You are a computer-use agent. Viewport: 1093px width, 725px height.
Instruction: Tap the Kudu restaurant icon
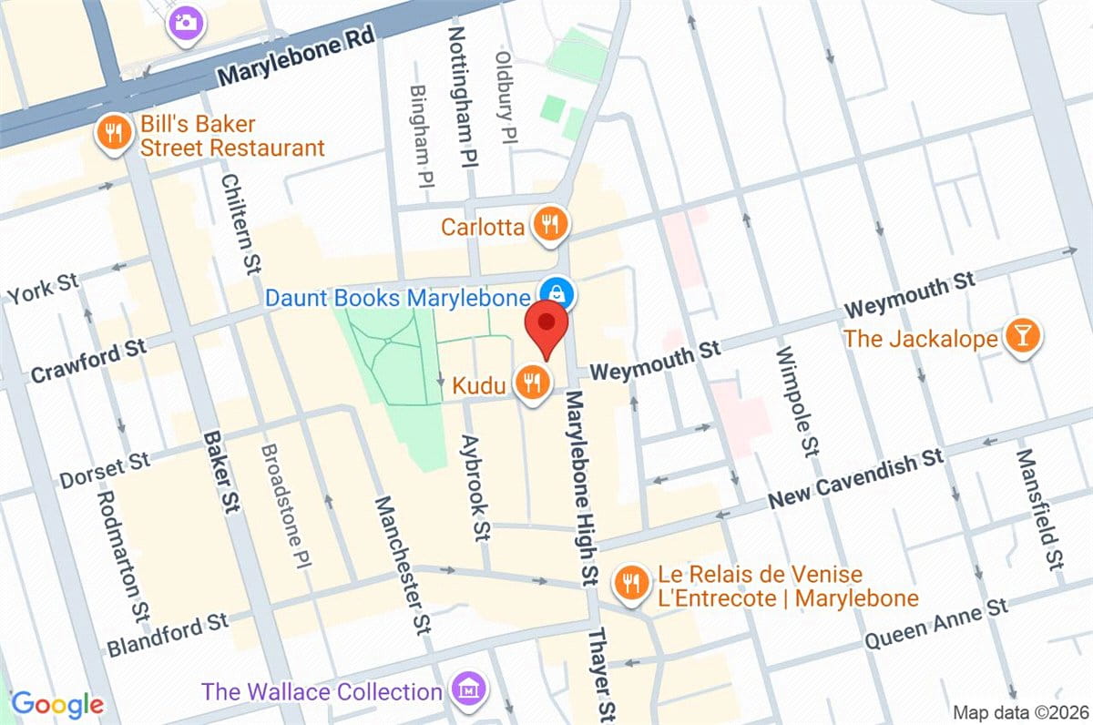(531, 383)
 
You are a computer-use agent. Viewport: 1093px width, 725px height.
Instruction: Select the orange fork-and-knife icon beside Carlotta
(550, 223)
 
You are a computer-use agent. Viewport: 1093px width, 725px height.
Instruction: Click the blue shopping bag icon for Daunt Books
(555, 293)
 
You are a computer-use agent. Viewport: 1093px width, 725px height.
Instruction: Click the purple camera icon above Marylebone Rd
(187, 21)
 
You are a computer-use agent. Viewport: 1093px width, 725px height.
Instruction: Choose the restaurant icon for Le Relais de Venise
(630, 583)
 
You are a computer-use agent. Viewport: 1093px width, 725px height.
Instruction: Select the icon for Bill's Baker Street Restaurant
(113, 135)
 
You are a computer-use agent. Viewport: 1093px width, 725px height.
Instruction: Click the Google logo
(57, 704)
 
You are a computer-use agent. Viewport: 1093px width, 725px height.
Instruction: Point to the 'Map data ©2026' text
(1019, 711)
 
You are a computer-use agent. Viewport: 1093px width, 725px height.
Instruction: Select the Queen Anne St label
(935, 624)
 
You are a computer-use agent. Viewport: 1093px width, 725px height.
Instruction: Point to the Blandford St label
(168, 634)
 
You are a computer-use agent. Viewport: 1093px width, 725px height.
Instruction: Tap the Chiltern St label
(240, 224)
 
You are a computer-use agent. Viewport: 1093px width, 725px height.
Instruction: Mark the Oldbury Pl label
(506, 96)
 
